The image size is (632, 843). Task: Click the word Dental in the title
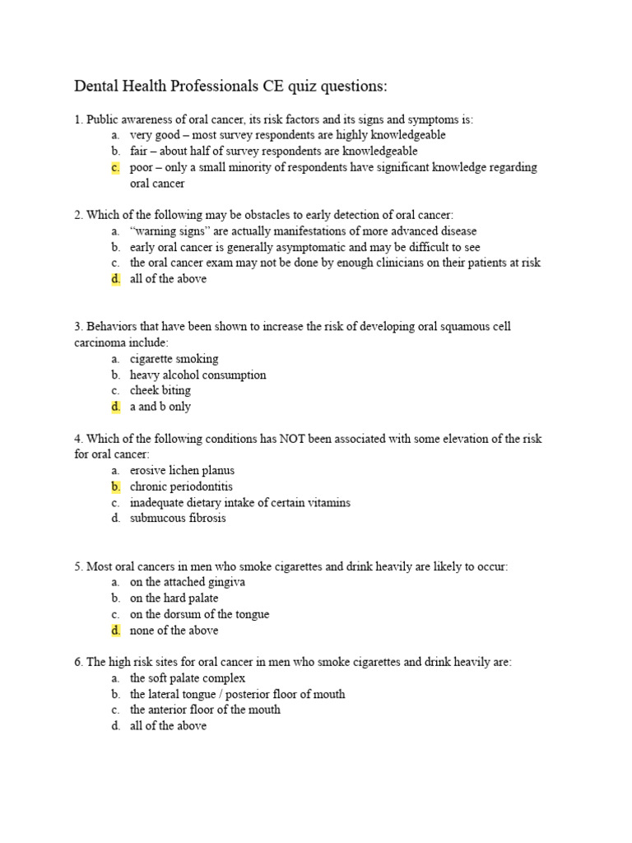(x=99, y=86)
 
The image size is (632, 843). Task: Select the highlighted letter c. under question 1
(x=115, y=167)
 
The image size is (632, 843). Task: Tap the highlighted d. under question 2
(x=115, y=279)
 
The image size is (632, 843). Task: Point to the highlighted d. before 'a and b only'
(x=115, y=407)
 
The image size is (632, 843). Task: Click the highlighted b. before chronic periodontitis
(x=115, y=487)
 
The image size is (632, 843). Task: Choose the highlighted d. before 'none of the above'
(x=115, y=631)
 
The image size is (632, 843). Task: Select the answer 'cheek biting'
(x=160, y=390)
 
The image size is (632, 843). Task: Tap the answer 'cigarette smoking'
(x=174, y=359)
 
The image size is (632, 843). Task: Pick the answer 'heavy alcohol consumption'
(x=197, y=375)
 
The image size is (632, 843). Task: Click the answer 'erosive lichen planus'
(x=182, y=471)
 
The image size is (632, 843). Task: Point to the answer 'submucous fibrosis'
(x=177, y=519)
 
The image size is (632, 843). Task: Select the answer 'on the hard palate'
(x=174, y=598)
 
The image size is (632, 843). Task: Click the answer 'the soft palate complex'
(x=187, y=678)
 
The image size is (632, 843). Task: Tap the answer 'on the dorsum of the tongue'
(x=199, y=614)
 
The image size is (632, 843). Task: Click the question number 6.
(x=78, y=662)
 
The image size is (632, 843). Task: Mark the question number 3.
(x=78, y=327)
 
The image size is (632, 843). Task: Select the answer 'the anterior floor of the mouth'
(x=205, y=710)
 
